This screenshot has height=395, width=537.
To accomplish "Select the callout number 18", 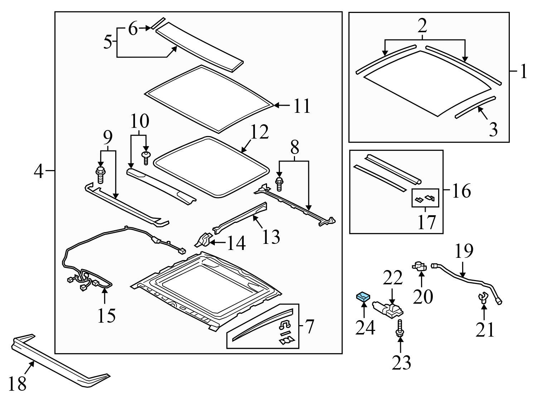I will [x=17, y=384].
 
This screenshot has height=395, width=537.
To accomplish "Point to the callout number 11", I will [x=301, y=106].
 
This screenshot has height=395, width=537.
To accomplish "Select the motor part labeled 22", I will [x=388, y=310].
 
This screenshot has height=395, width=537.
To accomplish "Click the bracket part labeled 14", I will [x=203, y=240].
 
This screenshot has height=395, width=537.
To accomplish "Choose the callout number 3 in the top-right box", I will [x=493, y=129].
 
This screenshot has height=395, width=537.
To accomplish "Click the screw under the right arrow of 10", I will [x=146, y=157].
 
